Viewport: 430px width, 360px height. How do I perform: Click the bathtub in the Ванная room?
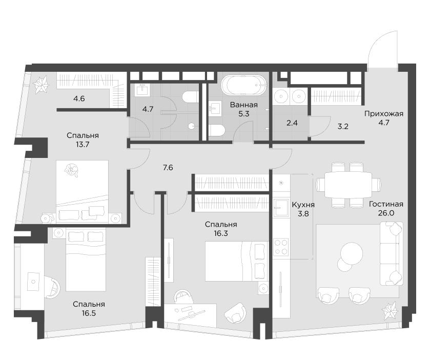coord(243,85)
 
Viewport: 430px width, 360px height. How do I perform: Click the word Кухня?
coord(302,204)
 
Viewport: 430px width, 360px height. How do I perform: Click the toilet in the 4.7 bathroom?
coord(191,97)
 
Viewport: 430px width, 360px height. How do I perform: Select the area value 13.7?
coord(82,145)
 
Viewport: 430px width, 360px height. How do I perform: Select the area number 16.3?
coord(220,233)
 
